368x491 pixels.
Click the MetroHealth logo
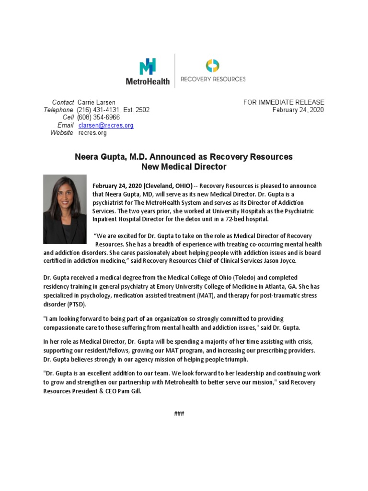coord(148,72)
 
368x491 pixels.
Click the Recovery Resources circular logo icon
coord(213,65)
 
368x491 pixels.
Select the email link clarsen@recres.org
coord(106,125)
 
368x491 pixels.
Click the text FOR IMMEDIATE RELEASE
coord(284,102)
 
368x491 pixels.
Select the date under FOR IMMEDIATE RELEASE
coord(298,110)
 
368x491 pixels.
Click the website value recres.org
coord(92,133)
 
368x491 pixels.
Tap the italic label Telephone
coord(58,110)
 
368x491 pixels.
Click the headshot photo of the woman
coord(65,209)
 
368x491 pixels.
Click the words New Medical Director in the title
coord(184,167)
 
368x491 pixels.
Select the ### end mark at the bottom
coord(179,413)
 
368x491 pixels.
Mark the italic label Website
coord(62,133)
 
